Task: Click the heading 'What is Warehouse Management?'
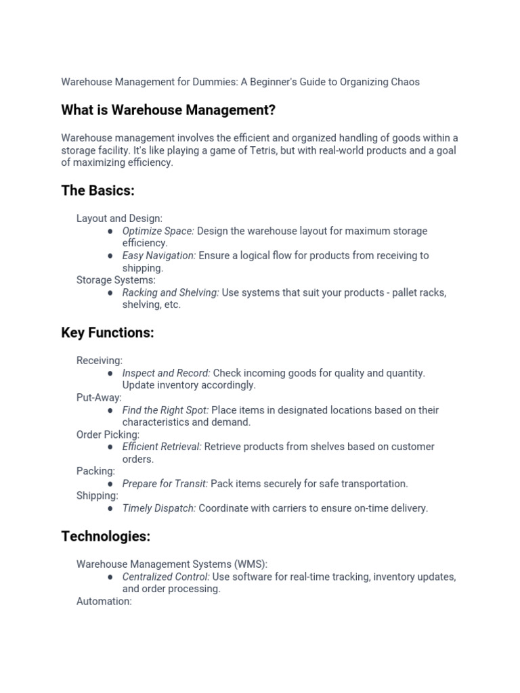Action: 168,110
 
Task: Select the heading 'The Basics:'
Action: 97,191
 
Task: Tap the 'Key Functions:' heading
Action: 108,333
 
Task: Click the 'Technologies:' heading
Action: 105,537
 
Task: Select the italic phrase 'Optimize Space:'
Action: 158,231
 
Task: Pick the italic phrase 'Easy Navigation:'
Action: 159,256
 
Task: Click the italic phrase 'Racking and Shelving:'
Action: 171,293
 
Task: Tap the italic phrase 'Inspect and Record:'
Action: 166,373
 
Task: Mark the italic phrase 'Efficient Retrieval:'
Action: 162,447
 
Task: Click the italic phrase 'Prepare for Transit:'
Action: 165,484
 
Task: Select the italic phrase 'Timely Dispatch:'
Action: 159,508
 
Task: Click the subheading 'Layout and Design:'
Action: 119,219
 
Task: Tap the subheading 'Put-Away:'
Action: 99,398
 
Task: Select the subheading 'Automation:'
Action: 104,601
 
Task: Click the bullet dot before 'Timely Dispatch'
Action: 110,509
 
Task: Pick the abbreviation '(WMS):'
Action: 250,564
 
